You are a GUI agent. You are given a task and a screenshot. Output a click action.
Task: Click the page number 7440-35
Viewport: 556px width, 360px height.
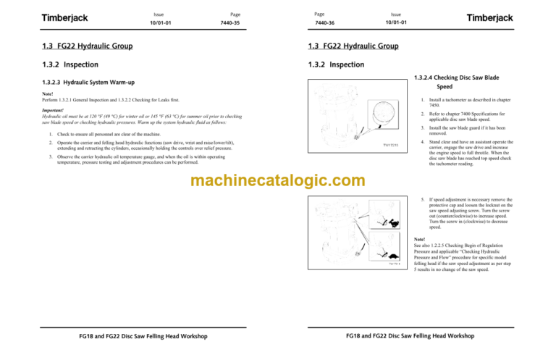coord(230,22)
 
